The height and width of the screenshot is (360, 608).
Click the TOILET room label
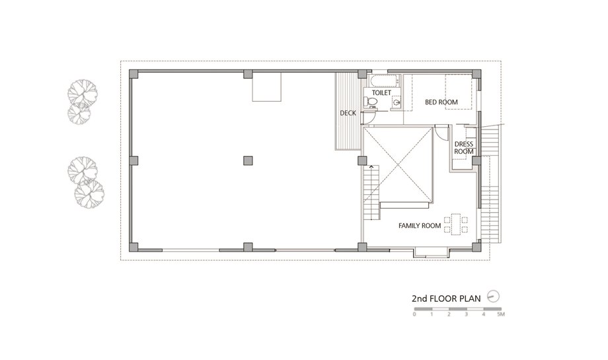(381, 92)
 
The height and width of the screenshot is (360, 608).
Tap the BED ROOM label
(441, 102)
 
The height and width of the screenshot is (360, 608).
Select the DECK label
(348, 113)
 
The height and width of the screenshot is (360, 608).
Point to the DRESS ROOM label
(464, 148)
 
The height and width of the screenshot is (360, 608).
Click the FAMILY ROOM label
(420, 225)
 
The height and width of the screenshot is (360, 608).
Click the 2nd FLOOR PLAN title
(446, 299)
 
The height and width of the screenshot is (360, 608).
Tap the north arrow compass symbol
(493, 297)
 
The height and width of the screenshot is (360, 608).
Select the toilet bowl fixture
(371, 102)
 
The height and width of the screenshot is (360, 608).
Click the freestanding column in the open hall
(248, 161)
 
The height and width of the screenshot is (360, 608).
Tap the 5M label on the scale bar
(500, 314)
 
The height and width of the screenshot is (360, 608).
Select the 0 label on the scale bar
(414, 314)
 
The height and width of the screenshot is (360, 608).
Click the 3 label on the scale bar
(467, 314)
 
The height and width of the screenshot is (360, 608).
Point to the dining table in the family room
(456, 225)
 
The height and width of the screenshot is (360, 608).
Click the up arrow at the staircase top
(371, 166)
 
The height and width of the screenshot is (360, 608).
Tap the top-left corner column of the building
(133, 74)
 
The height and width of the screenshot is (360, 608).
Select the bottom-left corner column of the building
(133, 247)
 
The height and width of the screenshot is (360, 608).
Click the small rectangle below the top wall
(267, 87)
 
